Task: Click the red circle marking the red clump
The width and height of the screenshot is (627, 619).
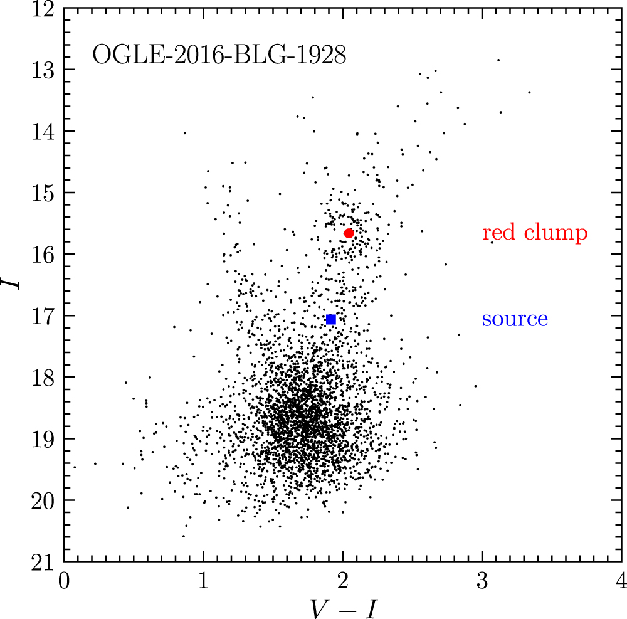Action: click(349, 233)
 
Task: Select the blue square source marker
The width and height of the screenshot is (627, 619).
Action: click(330, 319)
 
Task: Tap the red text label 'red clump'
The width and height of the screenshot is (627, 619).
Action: click(535, 232)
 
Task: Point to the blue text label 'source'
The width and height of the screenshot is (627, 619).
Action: click(515, 319)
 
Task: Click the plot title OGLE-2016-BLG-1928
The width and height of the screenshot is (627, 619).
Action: click(219, 55)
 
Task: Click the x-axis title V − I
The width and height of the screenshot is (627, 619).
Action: click(343, 608)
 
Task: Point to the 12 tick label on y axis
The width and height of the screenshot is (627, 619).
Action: click(43, 9)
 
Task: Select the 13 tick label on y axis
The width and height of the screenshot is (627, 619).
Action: click(43, 70)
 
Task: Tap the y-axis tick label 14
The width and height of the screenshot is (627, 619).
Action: click(43, 132)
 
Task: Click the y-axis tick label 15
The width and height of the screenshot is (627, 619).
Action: click(43, 194)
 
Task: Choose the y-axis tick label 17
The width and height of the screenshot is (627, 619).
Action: click(43, 317)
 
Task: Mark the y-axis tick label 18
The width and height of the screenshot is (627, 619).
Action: click(43, 378)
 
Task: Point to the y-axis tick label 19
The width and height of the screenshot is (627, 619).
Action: click(43, 440)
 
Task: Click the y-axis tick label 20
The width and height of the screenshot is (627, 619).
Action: click(43, 502)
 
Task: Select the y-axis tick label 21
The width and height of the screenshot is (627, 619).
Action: click(43, 563)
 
